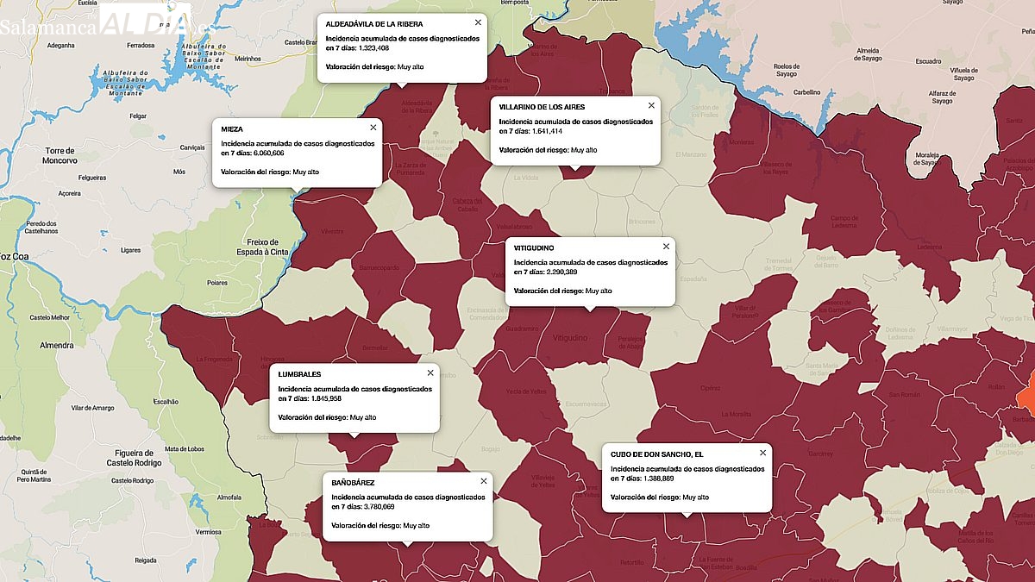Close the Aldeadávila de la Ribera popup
pos(478,22)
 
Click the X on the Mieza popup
pos(373,128)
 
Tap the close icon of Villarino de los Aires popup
pos(651,106)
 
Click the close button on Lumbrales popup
pos(430,373)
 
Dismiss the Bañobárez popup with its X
pos(484,481)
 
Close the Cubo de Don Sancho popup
pos(762,453)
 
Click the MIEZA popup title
pos(232,129)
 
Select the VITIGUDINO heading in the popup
pos(534,248)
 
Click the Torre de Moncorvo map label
pos(61,155)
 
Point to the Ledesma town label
pos(929,247)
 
